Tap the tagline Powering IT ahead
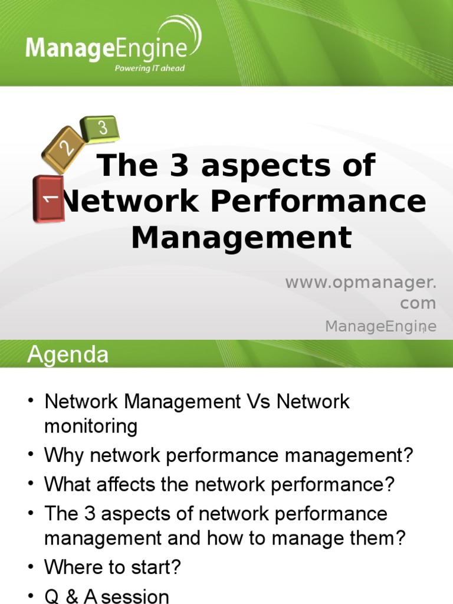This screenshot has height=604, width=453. tap(149, 68)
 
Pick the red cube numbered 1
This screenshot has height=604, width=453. tap(49, 198)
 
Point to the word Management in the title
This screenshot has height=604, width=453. tap(241, 238)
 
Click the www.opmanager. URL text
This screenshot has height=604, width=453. tap(361, 283)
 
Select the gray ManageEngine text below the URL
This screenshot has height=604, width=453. tap(380, 326)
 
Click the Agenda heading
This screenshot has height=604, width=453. tap(68, 355)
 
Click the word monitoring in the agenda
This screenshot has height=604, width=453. tap(91, 426)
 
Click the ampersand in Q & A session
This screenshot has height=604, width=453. tap(73, 596)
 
